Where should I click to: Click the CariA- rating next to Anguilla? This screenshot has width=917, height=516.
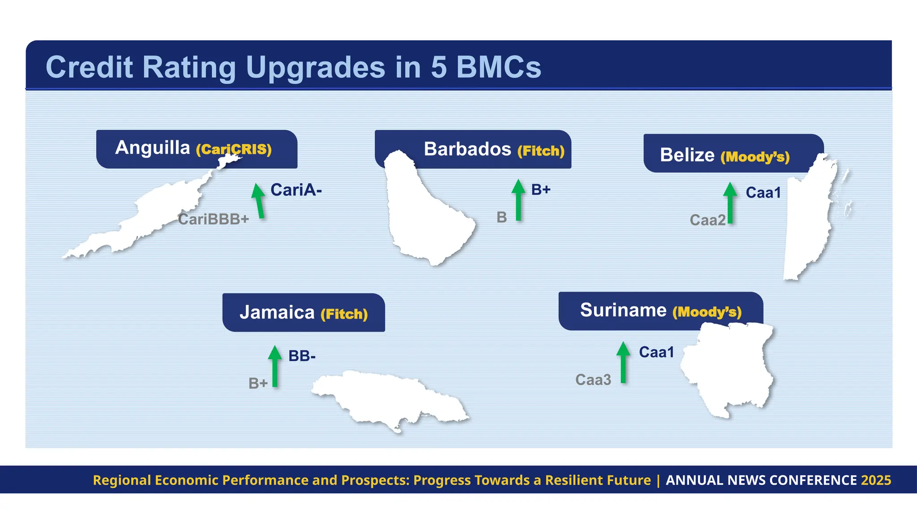[x=296, y=190]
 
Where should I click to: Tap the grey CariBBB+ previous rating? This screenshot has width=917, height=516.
[x=213, y=219]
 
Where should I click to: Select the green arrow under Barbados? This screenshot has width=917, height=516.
[x=518, y=200]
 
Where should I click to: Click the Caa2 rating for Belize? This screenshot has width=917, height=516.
[x=707, y=220]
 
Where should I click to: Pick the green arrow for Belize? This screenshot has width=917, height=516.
[x=730, y=203]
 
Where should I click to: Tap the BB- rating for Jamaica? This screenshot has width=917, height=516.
[x=302, y=356]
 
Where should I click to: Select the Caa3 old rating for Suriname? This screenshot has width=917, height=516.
[x=593, y=380]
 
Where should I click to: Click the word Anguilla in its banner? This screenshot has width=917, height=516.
[x=152, y=148]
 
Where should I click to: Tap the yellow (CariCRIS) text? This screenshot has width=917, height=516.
[x=234, y=149]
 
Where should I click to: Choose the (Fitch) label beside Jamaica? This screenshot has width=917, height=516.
[x=344, y=314]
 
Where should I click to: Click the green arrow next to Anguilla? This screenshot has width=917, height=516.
[x=259, y=201]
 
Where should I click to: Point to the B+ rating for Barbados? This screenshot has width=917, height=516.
[x=540, y=190]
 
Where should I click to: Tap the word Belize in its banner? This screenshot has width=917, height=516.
[x=687, y=155]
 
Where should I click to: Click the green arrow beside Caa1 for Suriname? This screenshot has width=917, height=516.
[x=623, y=362]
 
